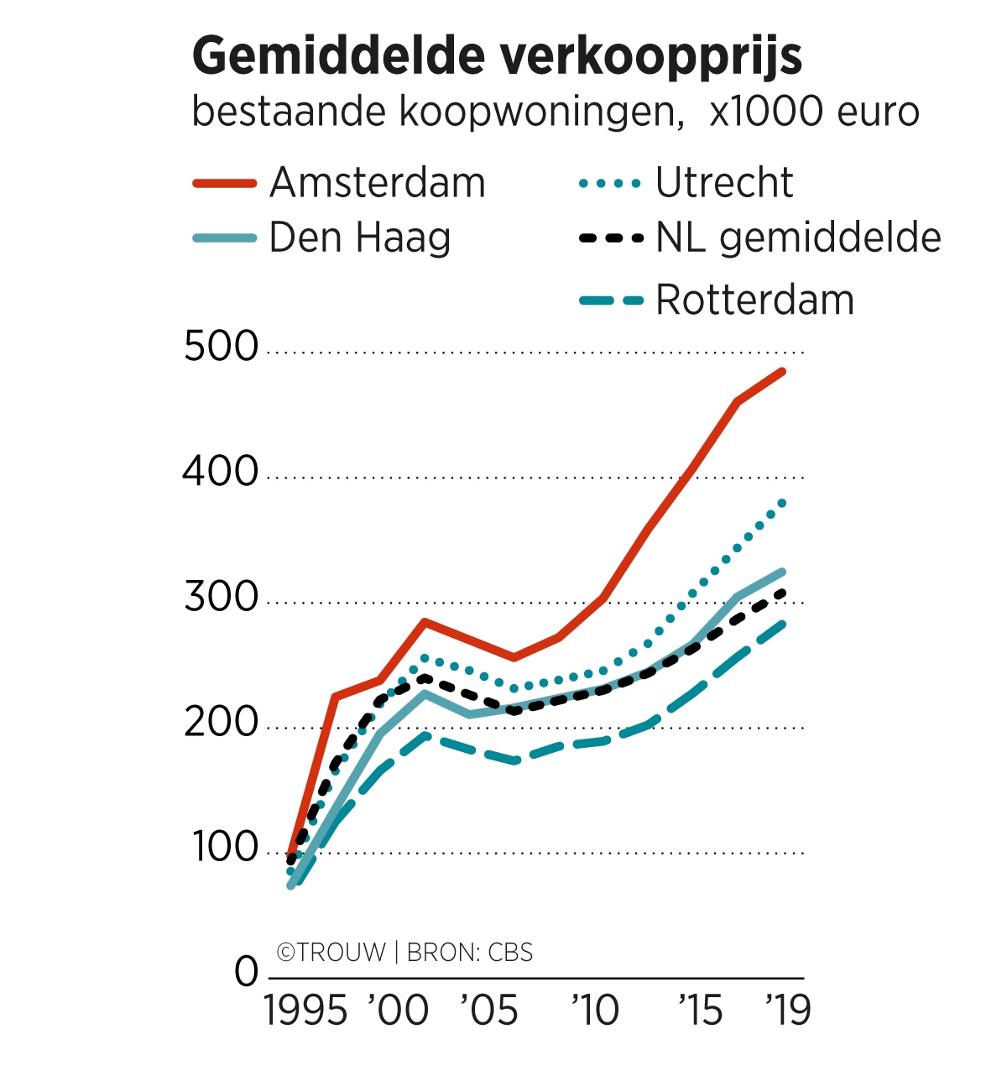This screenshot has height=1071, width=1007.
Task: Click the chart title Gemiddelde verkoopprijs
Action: pos(497,57)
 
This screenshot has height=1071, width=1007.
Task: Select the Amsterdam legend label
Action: pos(378,183)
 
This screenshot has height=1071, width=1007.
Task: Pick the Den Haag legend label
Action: pos(360,238)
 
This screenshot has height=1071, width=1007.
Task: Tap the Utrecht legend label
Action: pos(724,183)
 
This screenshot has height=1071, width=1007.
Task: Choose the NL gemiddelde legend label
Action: pos(798,238)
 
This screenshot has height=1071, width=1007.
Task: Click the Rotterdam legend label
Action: pos(754,300)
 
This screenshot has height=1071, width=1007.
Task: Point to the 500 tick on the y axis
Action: pos(222,347)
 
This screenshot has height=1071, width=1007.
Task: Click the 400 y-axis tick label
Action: pos(222,473)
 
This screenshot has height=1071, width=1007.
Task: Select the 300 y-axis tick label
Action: pos(222,598)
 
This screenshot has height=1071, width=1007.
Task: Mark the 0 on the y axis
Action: pos(247,973)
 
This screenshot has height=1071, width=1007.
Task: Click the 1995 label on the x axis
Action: pos(305,1011)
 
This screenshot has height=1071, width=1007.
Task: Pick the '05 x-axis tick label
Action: pos(490,1011)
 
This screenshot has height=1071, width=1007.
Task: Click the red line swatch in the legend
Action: pos(224,183)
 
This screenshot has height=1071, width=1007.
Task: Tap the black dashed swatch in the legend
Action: pos(611,238)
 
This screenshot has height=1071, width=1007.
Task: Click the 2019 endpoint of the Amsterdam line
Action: pos(782,371)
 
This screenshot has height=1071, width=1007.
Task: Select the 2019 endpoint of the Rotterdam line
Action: pos(782,623)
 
